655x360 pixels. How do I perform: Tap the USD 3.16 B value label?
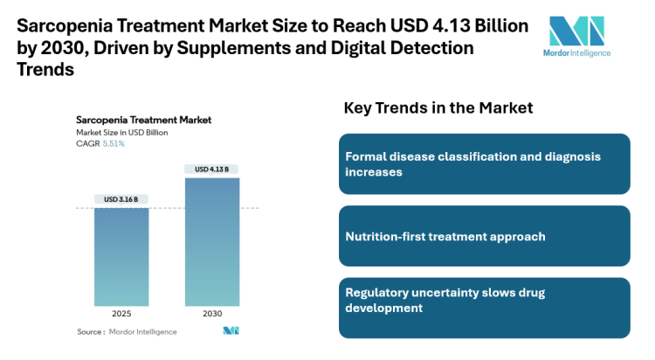(121, 199)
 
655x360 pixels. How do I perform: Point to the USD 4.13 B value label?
(211, 169)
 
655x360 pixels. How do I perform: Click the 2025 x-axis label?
(121, 313)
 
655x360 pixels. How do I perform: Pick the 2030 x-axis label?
(211, 313)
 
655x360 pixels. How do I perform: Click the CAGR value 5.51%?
(114, 143)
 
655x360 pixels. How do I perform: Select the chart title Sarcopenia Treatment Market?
(143, 120)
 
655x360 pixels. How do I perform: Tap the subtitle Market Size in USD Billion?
(121, 132)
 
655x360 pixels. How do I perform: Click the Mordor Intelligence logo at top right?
(576, 36)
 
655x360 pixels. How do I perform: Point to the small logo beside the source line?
(231, 331)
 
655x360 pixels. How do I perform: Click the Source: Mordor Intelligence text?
(127, 332)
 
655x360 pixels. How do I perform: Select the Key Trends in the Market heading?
(438, 108)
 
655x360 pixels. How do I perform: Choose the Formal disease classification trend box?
(484, 164)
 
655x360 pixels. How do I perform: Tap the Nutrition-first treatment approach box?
(484, 236)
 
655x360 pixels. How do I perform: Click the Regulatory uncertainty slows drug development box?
(484, 308)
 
